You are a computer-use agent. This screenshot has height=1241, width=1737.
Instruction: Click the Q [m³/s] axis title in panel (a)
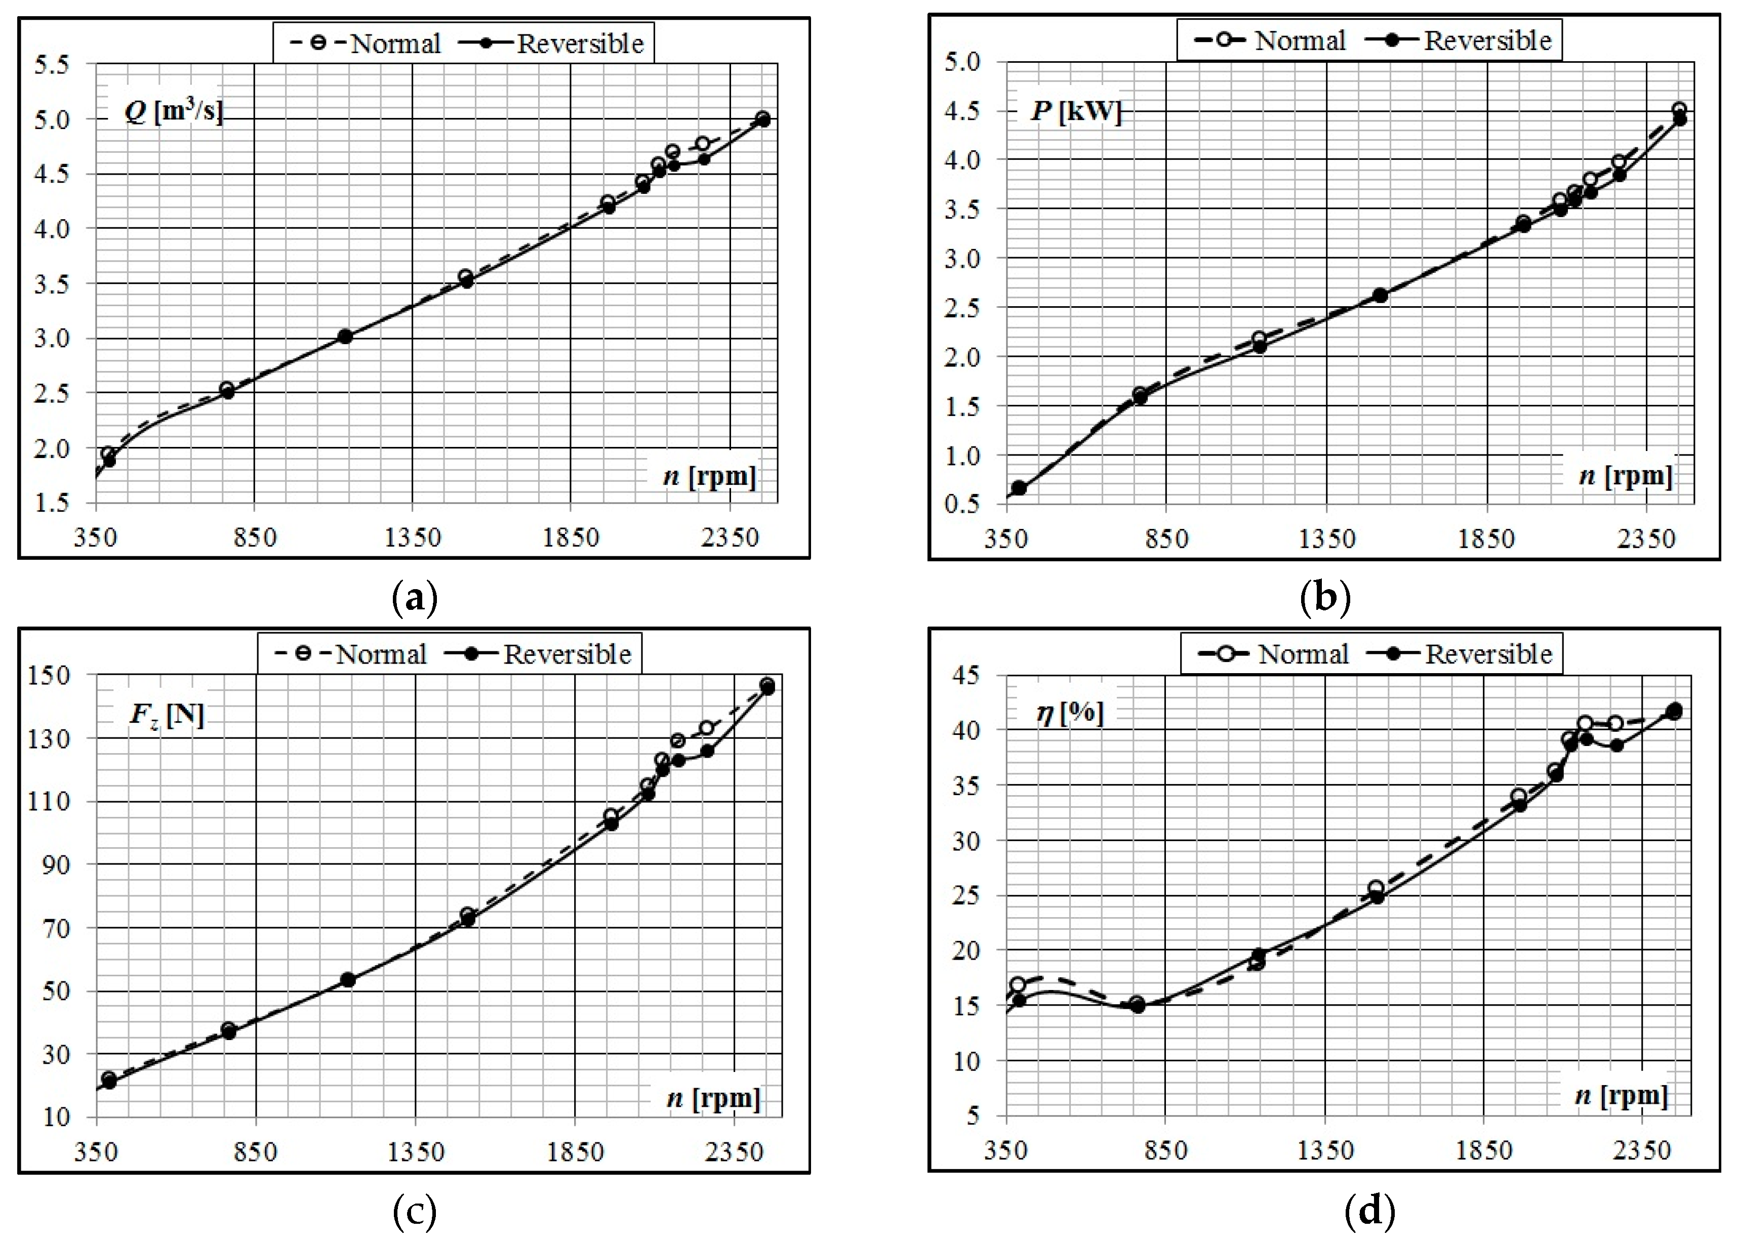[174, 112]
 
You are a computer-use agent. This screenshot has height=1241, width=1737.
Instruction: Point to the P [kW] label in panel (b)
[1075, 111]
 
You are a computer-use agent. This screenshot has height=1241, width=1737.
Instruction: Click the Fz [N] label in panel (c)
[167, 715]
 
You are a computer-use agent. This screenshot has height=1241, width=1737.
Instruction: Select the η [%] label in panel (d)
[1070, 713]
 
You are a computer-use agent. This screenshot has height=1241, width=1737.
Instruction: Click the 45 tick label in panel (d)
[965, 676]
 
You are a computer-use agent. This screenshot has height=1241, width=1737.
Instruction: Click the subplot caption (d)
[1369, 1211]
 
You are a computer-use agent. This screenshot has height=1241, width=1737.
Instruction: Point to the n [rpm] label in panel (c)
[713, 1098]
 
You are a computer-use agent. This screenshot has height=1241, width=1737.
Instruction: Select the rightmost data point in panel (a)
[762, 119]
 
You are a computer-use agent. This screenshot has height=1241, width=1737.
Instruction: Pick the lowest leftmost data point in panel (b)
[1018, 487]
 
